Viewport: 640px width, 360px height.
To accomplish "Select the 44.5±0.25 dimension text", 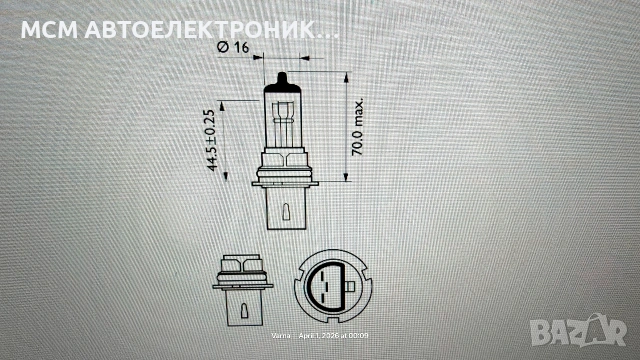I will click(x=212, y=142).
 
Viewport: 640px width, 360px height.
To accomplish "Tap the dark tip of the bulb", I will click(x=282, y=79).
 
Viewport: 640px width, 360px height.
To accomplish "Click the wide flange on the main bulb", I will click(x=282, y=179).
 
